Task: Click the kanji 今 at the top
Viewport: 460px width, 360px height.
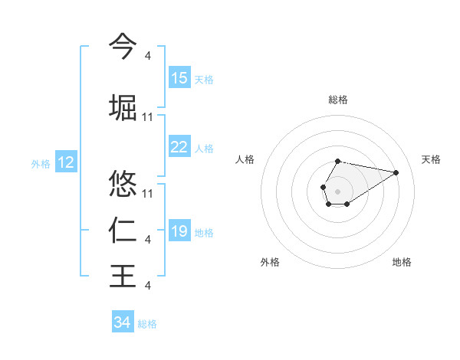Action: (123, 45)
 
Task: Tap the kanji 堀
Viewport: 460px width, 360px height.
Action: (123, 106)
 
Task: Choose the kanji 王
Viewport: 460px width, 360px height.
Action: (123, 276)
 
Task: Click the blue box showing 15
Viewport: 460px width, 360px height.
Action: (179, 78)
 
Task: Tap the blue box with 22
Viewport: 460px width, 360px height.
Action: (179, 147)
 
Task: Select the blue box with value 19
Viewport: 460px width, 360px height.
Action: (179, 231)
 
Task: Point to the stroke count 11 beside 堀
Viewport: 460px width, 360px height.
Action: (148, 117)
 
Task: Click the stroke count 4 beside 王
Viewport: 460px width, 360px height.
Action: (147, 286)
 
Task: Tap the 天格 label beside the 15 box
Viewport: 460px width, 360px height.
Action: (204, 79)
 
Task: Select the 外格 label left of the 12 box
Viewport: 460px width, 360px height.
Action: (41, 163)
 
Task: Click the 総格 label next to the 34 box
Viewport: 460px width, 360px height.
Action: (147, 323)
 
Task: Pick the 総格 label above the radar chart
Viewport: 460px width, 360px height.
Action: (337, 100)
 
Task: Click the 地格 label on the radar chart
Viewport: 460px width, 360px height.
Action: (402, 262)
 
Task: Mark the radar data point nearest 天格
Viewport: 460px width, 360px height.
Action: (396, 172)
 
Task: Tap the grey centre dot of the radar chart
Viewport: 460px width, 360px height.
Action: (337, 189)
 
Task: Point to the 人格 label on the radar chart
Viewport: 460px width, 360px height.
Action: (245, 159)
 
